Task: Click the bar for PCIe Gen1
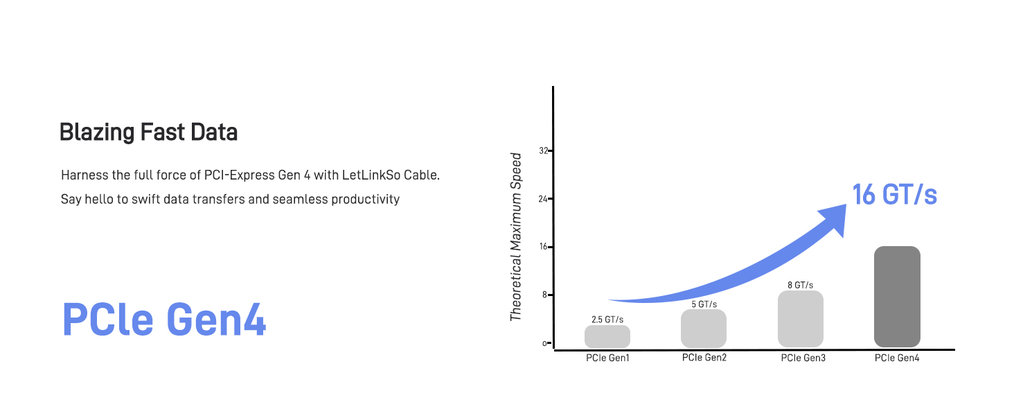coord(607,336)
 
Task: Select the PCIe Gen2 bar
coord(704,329)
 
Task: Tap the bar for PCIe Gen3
coord(801,319)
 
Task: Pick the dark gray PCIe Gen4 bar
coord(897,297)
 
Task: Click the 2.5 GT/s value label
coord(607,320)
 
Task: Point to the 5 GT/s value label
coord(704,304)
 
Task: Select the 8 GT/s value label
coord(800,285)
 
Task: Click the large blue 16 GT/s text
coord(894,196)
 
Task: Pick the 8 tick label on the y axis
coord(544,295)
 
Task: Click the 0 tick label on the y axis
coord(545,343)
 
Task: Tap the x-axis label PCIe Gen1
coord(607,358)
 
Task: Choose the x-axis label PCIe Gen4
coord(897,358)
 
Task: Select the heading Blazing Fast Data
coord(148,132)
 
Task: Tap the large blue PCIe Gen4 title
coord(164,320)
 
